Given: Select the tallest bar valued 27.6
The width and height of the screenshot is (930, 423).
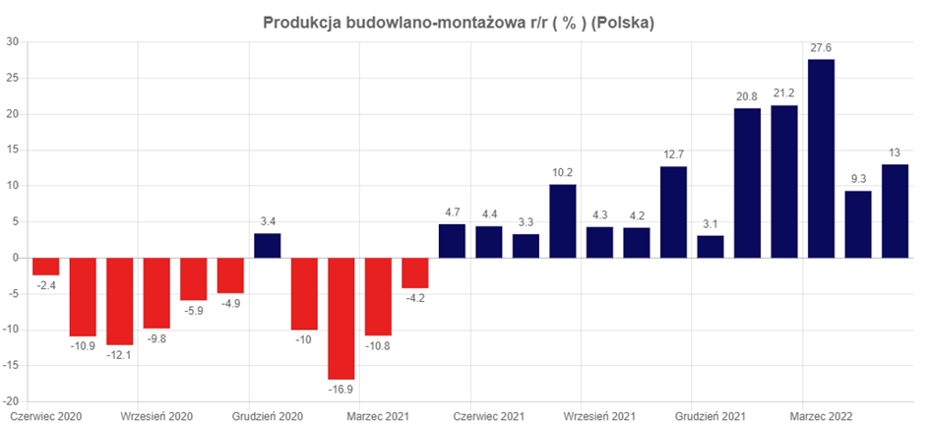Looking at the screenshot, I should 822,158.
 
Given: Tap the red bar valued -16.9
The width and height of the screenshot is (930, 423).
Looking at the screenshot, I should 341,319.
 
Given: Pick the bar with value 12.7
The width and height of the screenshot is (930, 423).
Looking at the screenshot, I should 673,212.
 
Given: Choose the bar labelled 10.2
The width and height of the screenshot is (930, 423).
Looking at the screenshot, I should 563,221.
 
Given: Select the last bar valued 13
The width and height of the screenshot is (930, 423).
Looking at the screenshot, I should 895,211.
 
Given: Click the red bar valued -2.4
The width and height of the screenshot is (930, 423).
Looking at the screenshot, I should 46,267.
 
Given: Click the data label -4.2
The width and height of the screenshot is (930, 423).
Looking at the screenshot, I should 415,298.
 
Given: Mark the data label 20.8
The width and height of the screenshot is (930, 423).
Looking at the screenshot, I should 747,97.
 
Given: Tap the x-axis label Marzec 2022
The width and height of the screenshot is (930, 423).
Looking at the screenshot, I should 821,416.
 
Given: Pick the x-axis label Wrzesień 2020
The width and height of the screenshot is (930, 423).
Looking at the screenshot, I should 156,416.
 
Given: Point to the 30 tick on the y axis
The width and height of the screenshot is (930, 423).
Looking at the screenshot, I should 14,41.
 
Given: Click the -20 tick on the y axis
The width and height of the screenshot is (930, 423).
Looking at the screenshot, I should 12,401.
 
